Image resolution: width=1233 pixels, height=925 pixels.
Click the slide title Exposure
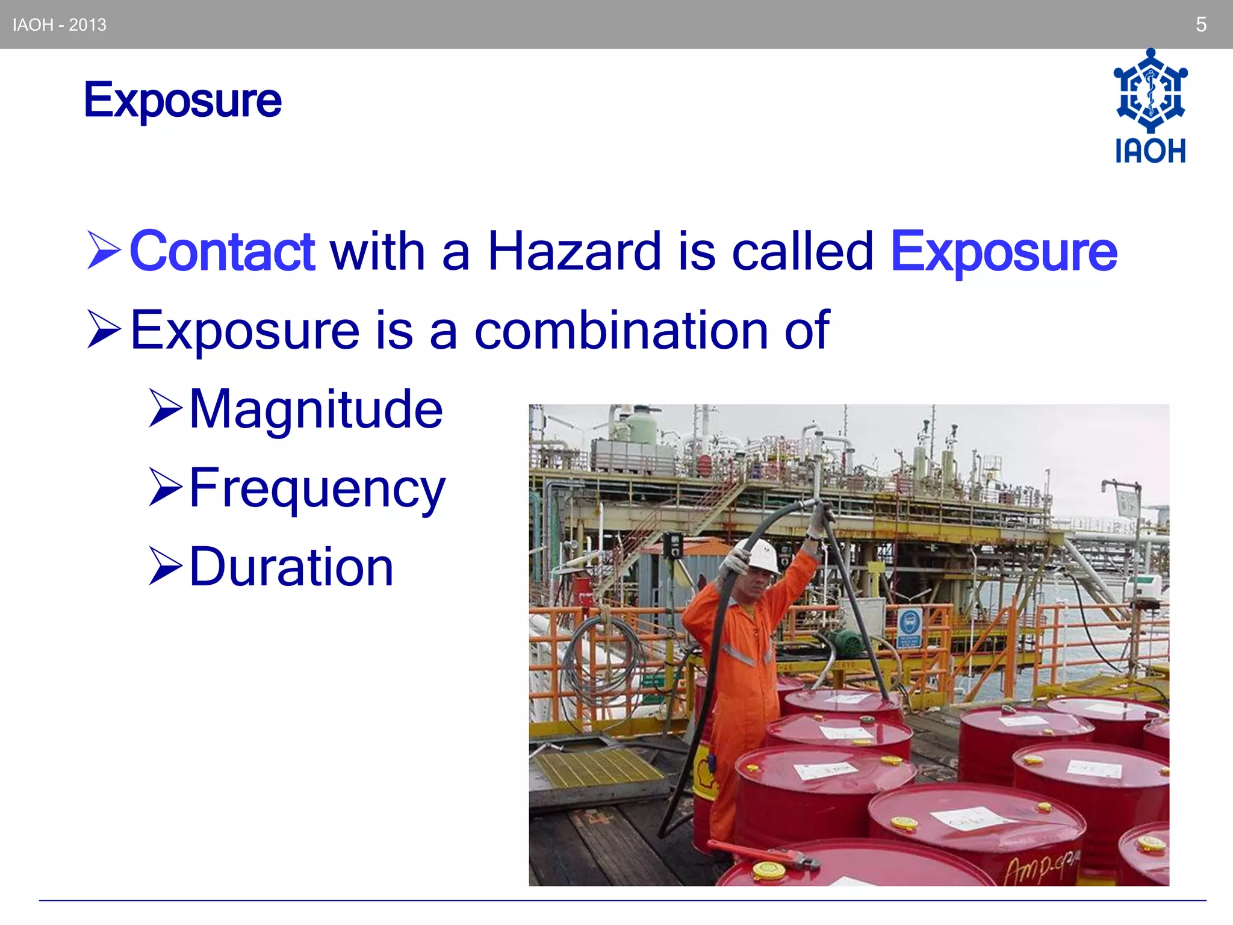[182, 101]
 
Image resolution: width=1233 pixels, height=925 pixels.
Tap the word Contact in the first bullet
[222, 251]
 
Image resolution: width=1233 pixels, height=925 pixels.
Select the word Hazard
[574, 251]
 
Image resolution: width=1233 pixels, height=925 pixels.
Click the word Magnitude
[316, 409]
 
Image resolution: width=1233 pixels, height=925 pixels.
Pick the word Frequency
[317, 489]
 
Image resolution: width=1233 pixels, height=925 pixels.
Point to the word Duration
[291, 567]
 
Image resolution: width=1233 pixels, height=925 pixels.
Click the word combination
[621, 329]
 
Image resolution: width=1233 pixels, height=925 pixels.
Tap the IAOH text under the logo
[1150, 151]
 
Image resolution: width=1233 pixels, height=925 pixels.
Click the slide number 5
[1200, 25]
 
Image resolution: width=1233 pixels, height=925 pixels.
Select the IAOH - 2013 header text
[60, 25]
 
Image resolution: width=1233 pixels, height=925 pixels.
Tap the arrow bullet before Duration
[165, 567]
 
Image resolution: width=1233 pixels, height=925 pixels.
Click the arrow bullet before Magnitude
[165, 409]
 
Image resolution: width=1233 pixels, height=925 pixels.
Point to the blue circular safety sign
[909, 622]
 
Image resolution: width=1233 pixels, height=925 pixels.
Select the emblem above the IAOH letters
[1150, 90]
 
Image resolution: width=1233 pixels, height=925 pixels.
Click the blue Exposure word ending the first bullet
[1004, 251]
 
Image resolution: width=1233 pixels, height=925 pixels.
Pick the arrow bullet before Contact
[104, 250]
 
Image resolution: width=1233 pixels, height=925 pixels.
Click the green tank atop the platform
[639, 427]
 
